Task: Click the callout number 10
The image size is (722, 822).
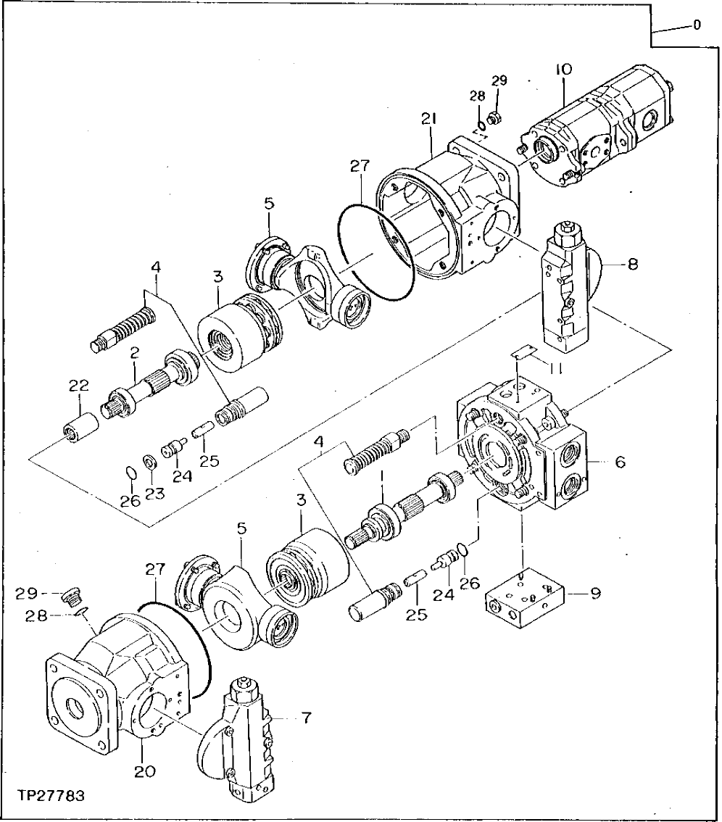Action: (x=564, y=70)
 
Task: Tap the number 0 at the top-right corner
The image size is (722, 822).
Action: (x=697, y=25)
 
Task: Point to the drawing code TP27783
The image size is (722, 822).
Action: (x=51, y=796)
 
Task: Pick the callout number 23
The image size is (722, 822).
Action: (x=154, y=493)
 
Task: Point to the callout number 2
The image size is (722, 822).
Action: (x=134, y=352)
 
